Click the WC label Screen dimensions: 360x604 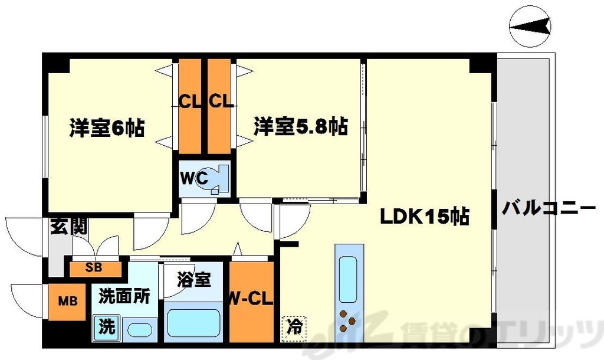(193, 177)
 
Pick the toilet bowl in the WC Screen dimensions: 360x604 (216, 178)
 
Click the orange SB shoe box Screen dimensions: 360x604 (95, 267)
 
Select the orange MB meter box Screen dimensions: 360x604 (67, 302)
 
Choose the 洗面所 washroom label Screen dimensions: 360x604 (124, 294)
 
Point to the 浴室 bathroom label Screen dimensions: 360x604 (194, 279)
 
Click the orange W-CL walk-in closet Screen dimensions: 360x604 (251, 301)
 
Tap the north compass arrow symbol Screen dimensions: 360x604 (530, 26)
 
